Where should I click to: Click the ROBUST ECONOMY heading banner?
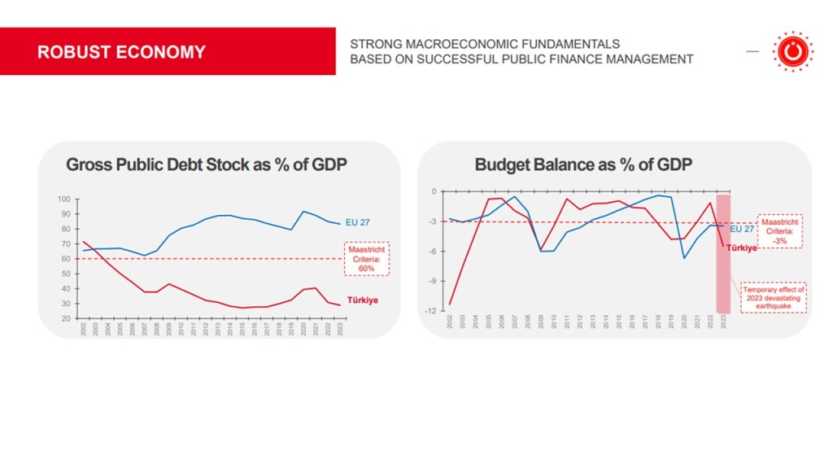point(122,52)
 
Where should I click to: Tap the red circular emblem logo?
point(788,52)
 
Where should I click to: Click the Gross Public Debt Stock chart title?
point(207,164)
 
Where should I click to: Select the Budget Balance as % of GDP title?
point(583,164)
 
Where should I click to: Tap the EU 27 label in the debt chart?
point(359,221)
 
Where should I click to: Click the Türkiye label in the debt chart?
point(362,300)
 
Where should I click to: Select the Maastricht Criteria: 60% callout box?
point(366,259)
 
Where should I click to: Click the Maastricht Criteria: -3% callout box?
point(779,231)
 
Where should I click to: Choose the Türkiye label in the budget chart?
point(742,247)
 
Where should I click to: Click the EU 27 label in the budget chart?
point(742,229)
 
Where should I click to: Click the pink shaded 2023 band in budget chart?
point(723,277)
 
